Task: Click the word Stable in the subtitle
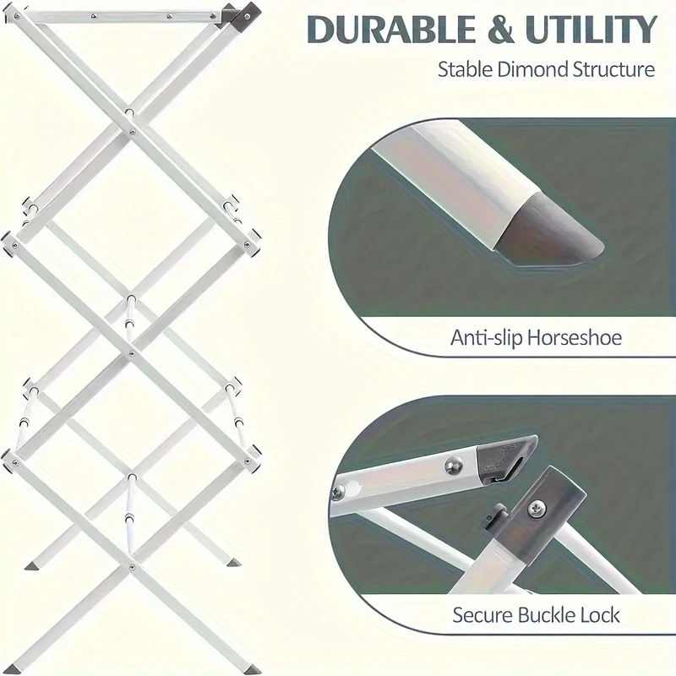464,69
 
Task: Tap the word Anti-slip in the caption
485,339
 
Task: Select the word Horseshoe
574,339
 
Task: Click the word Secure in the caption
482,614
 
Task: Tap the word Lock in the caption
602,614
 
